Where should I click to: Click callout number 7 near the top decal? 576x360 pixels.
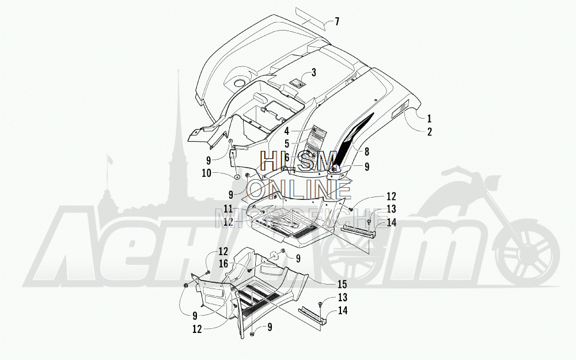(x=336, y=22)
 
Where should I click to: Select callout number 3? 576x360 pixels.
(x=313, y=73)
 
